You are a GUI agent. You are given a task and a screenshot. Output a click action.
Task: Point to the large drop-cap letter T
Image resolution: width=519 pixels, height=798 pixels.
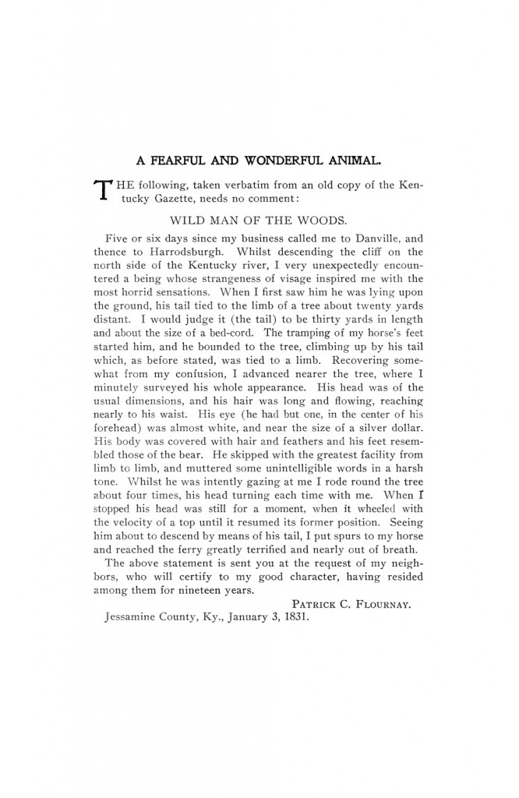pyautogui.click(x=101, y=192)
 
